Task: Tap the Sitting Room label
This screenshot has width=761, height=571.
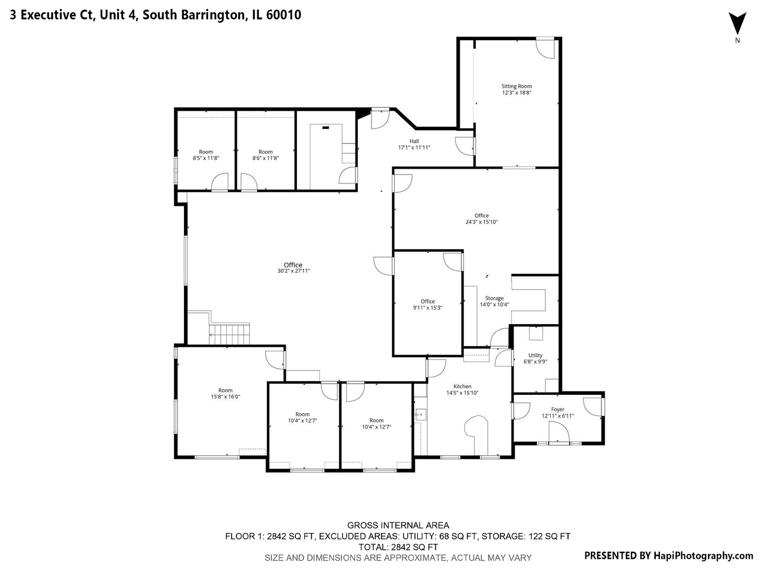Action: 516,86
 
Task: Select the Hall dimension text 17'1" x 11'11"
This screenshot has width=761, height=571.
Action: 414,148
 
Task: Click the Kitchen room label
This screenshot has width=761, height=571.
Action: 462,386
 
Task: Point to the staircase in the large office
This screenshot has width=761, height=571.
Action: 229,334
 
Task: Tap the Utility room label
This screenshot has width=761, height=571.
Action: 535,355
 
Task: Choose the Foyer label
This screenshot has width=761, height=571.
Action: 558,409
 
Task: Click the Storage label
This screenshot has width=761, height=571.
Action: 494,298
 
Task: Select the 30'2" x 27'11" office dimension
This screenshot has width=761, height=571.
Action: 293,271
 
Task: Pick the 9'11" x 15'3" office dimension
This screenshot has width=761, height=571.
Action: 428,308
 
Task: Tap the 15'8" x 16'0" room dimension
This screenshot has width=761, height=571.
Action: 225,397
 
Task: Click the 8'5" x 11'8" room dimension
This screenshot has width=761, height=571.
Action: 206,159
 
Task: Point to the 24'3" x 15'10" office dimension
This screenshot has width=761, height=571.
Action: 481,222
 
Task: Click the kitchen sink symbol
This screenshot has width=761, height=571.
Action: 420,415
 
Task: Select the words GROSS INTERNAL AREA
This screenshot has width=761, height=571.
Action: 398,526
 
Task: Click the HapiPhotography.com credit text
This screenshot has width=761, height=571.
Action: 703,556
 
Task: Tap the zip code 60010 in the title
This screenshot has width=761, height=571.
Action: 284,15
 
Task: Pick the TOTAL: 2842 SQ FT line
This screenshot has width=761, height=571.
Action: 398,547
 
